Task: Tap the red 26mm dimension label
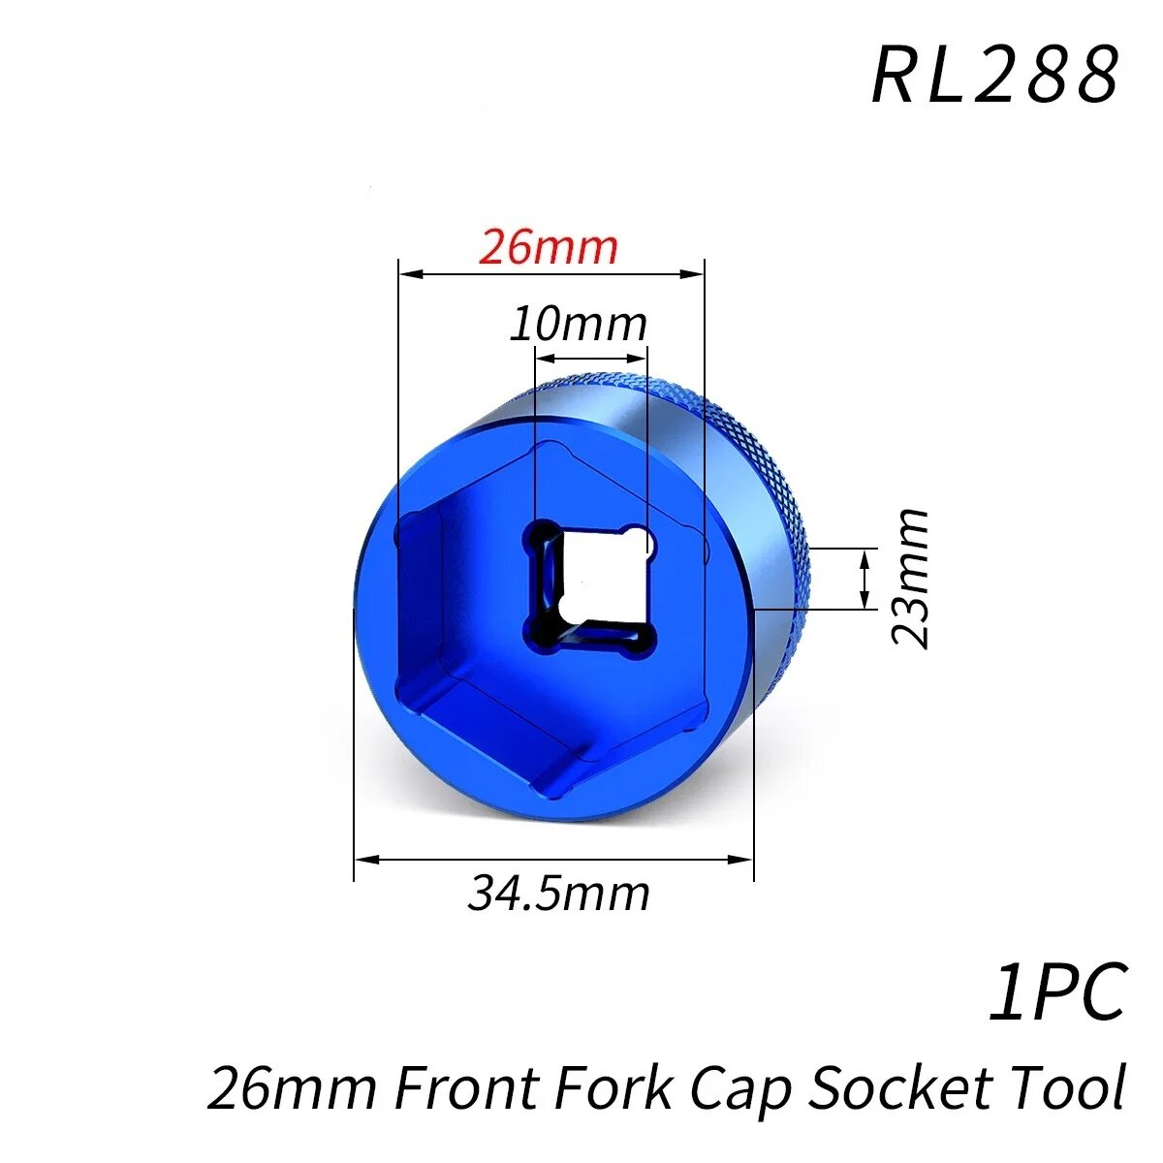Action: pyautogui.click(x=548, y=247)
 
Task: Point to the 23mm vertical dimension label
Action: pyautogui.click(x=909, y=579)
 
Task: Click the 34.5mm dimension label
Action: pyautogui.click(x=559, y=894)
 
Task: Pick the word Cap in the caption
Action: pyautogui.click(x=739, y=1091)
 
